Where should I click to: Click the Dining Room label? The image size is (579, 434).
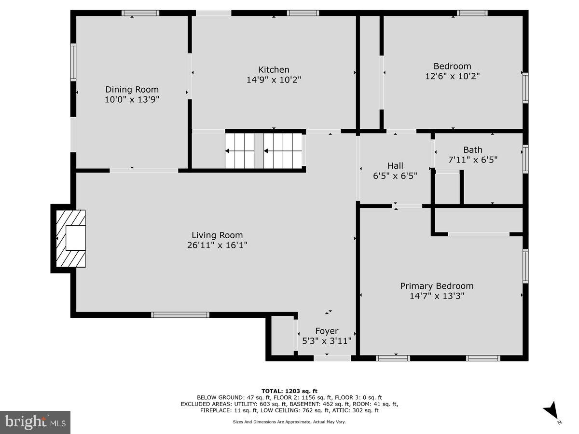point(132,89)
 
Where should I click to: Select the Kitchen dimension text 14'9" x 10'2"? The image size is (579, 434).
point(274,80)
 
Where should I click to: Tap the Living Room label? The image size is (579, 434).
point(217,235)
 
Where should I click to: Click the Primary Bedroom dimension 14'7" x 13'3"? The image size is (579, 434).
point(437,296)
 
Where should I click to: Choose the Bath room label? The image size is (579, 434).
point(472,149)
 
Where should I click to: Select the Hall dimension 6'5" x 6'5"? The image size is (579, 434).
point(395,176)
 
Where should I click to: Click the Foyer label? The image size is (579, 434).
point(327,331)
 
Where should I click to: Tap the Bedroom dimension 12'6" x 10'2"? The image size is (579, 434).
point(452,76)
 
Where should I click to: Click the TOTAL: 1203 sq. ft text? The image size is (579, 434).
point(289,391)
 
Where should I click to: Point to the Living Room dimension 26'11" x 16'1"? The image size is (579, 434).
point(217,245)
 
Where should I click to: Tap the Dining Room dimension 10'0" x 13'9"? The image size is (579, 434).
point(132,99)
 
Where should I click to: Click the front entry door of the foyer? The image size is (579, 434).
point(332,358)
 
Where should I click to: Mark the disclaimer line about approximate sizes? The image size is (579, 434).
point(289,421)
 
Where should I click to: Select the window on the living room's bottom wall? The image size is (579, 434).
point(180,315)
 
